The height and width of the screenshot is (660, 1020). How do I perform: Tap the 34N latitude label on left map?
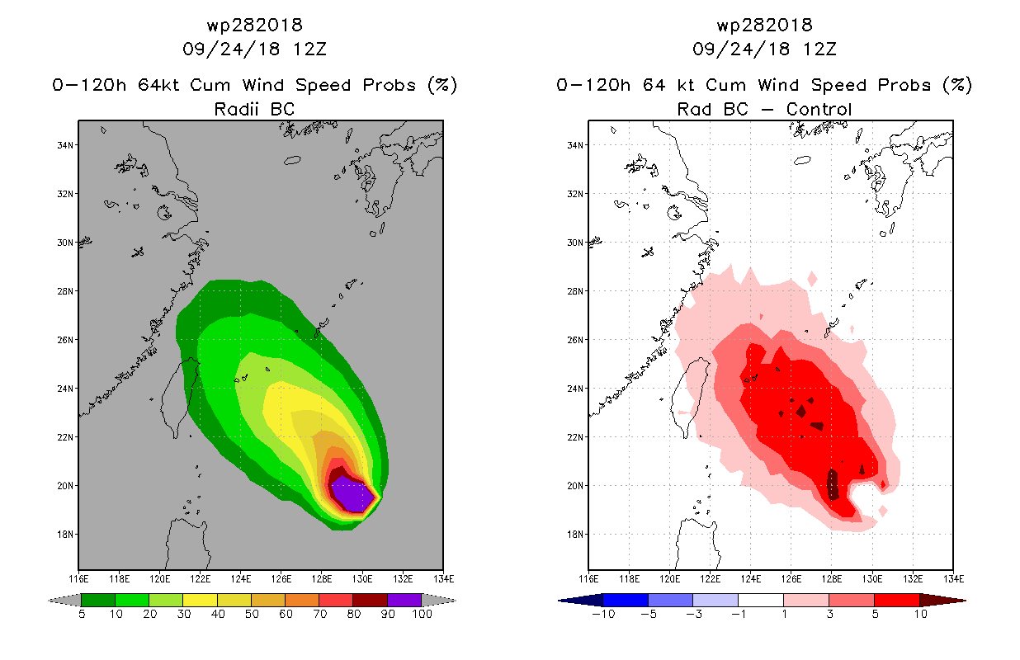tap(65, 145)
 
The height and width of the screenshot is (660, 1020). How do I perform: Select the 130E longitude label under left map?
tap(362, 579)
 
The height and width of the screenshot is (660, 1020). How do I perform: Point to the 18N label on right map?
tap(575, 535)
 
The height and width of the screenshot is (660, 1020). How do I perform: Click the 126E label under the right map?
tap(791, 579)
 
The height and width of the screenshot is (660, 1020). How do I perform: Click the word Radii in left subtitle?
tap(236, 109)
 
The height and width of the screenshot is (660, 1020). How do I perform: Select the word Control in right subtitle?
tap(819, 109)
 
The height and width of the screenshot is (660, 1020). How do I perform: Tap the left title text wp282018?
tap(255, 25)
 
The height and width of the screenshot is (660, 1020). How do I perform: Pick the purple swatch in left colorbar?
tap(404, 600)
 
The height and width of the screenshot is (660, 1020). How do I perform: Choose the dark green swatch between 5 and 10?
tap(98, 600)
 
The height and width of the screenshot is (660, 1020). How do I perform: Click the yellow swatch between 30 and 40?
tap(200, 600)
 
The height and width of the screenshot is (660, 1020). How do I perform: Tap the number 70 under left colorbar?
tap(320, 614)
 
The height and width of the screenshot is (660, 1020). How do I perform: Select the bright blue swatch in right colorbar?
tap(626, 600)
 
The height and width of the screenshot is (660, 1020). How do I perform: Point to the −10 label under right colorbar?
tap(603, 614)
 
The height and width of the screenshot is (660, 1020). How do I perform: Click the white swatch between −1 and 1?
tap(761, 600)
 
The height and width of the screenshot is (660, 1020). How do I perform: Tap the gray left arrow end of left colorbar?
tap(64, 601)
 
